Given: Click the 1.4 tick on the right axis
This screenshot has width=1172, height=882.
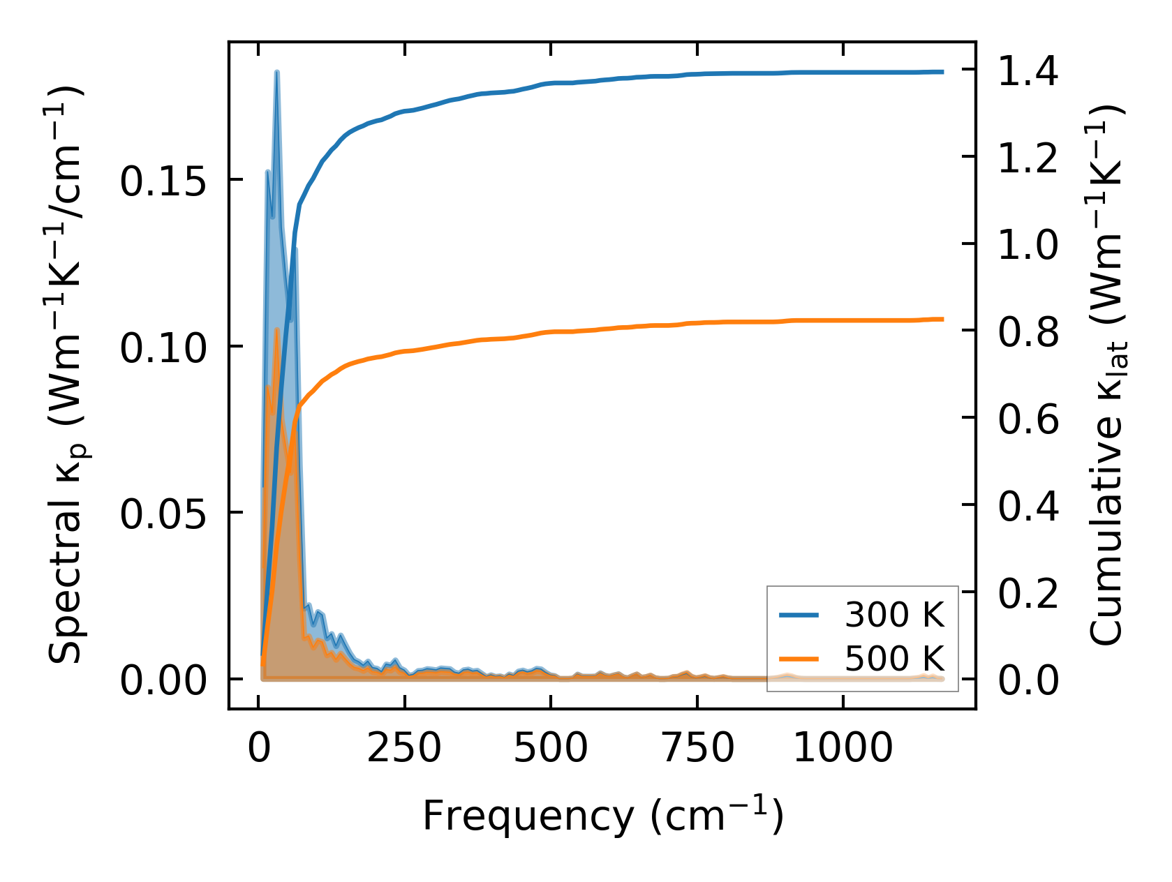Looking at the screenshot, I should coord(1028,72).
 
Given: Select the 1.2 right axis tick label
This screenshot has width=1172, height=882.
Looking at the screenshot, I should coord(1028,158).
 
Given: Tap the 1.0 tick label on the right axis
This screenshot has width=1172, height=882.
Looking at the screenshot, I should coord(1028,246).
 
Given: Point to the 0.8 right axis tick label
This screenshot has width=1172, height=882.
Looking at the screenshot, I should coord(1028,332).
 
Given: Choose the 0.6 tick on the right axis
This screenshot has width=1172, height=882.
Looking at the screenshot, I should coord(1028,419).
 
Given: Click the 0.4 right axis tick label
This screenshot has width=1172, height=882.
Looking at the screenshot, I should coord(1028,506).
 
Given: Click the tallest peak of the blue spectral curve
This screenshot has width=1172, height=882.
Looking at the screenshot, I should coord(277,73).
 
